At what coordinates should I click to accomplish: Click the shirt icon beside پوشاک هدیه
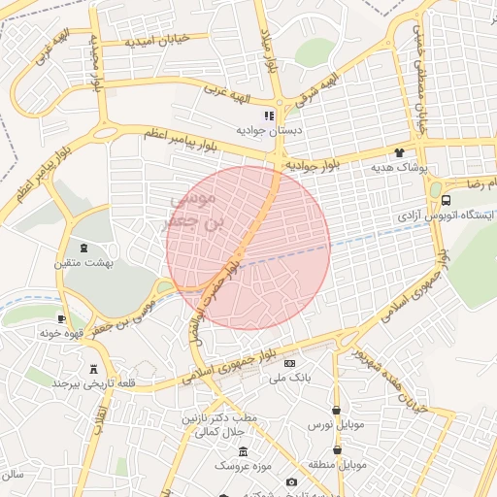coord(398,152)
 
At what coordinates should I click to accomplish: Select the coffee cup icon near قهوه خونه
coord(61,318)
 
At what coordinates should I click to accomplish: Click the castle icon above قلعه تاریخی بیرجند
coord(93,369)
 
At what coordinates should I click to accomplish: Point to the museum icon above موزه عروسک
coord(242,452)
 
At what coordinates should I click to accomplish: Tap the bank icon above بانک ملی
coord(289,363)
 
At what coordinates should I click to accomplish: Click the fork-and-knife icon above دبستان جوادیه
coord(269,116)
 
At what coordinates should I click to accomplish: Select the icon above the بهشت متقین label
coord(83,248)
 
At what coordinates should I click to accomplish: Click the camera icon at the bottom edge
coord(291,482)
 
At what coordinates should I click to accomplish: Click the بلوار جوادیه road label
coord(312,167)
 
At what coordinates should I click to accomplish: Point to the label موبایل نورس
coord(336,425)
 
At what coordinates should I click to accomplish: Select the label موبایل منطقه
coord(337,465)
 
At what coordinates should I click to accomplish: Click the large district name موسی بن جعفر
coord(195,210)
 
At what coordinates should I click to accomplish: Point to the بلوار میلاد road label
coord(269,50)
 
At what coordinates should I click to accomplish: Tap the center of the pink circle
coord(248,248)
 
